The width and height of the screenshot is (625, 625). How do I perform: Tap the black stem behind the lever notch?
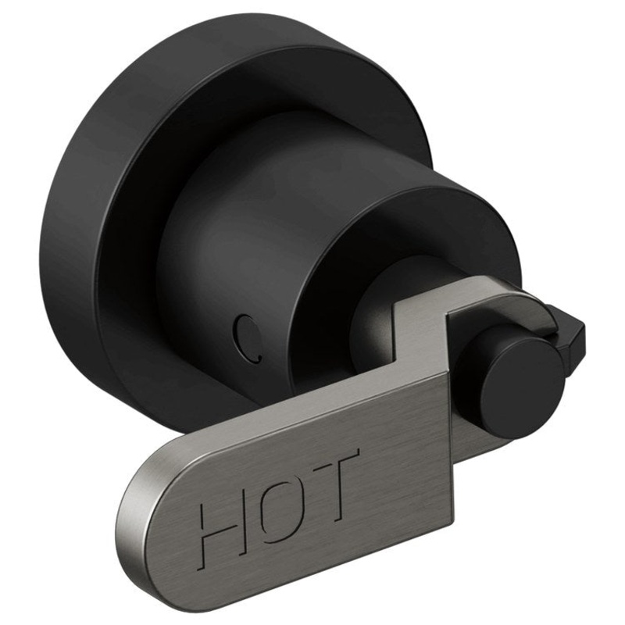click(375, 320)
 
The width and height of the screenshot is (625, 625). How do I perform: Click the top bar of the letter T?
click(334, 459)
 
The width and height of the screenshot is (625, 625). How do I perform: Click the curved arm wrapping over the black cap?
click(531, 305)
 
